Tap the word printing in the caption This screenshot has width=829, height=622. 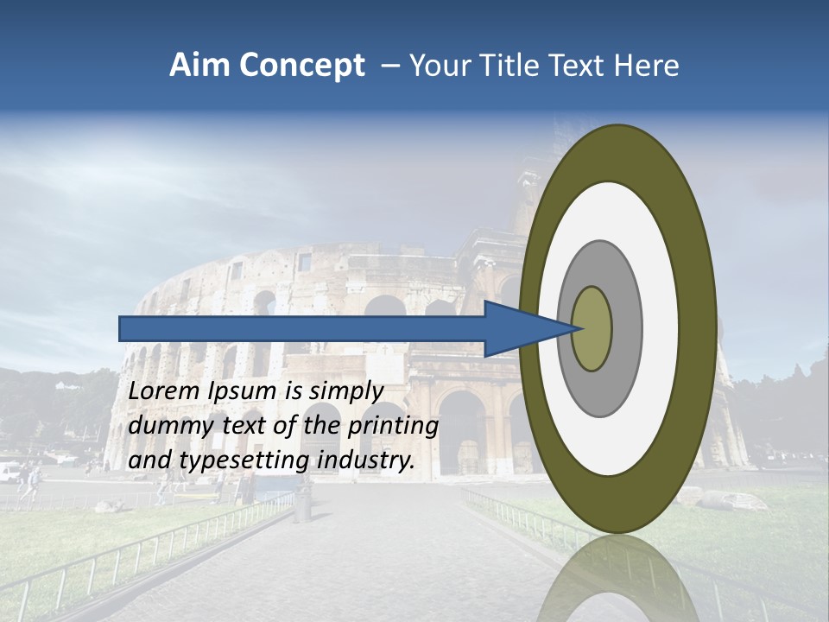(393, 426)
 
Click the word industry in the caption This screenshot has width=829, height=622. (366, 460)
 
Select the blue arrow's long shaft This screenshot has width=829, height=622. (302, 328)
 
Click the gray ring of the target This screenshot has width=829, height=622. (627, 328)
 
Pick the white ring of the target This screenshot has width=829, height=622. (661, 328)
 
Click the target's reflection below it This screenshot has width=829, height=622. (617, 579)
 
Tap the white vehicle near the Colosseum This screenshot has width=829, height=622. (9, 472)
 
